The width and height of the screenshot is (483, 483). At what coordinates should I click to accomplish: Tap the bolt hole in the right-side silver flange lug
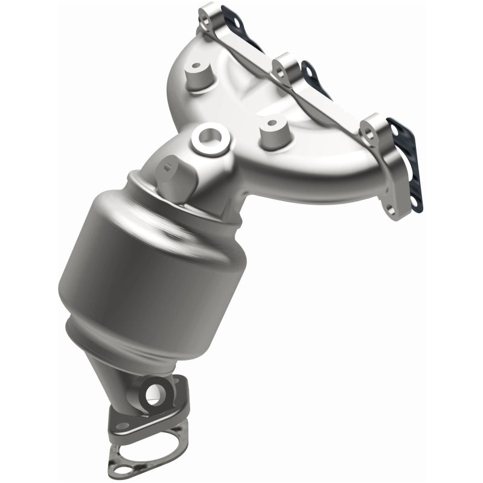(x=369, y=127)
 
